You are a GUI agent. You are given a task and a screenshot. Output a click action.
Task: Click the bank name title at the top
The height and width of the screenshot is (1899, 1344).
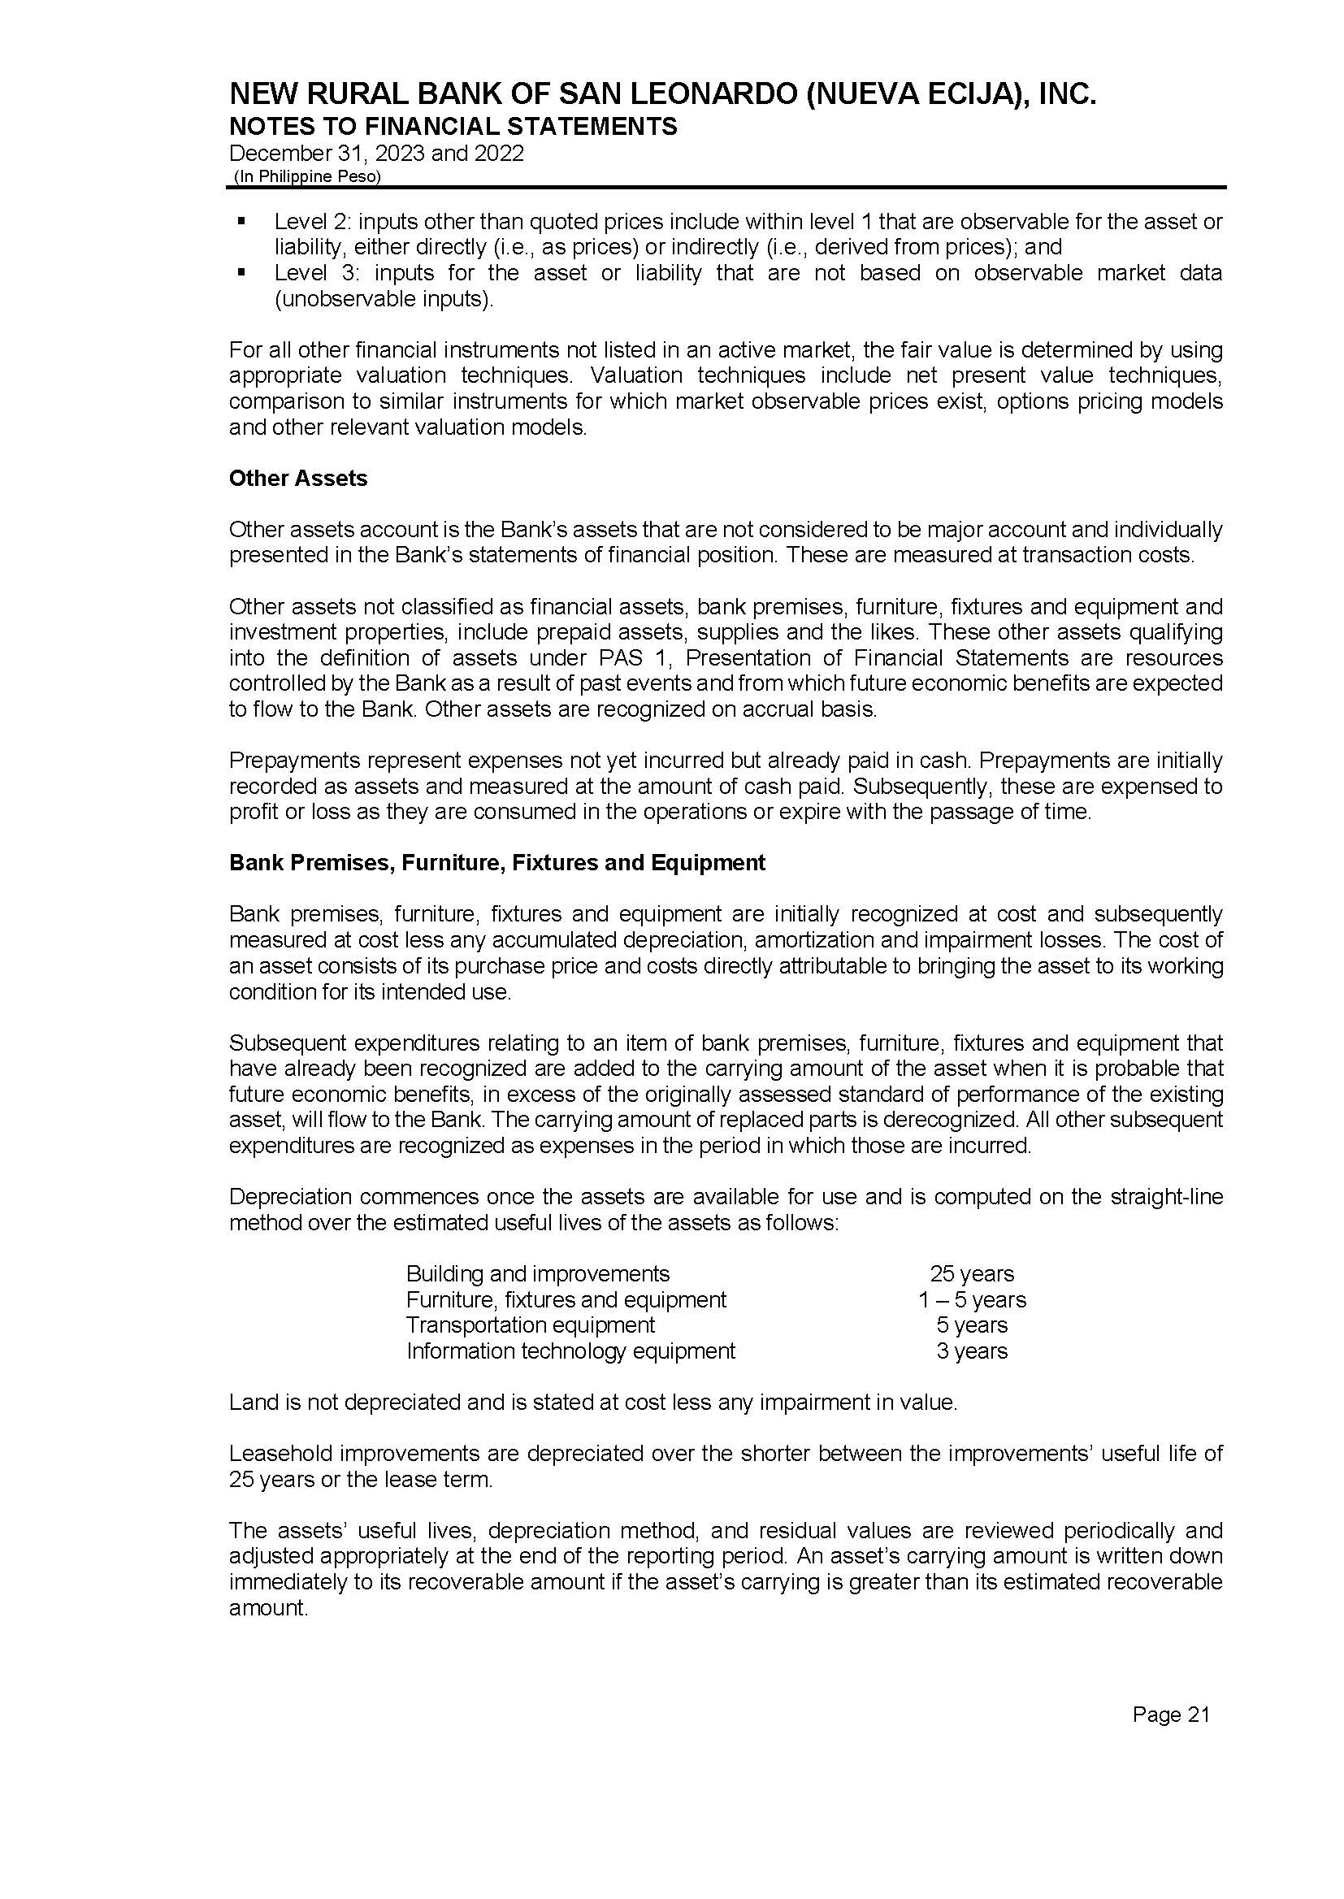(x=662, y=95)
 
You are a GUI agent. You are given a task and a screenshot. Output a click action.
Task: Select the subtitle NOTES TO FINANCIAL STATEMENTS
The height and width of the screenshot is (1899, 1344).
(x=453, y=127)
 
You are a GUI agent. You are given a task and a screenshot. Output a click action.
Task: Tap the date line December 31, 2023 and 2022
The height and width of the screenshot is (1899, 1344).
(x=376, y=154)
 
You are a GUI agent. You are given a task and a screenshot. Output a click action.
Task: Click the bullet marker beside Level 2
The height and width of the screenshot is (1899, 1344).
(x=241, y=221)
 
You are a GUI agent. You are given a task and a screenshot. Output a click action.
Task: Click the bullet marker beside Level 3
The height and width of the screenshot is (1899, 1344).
(x=241, y=272)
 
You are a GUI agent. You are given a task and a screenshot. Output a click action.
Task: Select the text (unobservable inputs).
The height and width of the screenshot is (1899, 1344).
(x=384, y=299)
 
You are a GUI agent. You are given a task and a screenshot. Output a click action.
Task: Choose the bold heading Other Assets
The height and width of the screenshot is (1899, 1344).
(x=298, y=479)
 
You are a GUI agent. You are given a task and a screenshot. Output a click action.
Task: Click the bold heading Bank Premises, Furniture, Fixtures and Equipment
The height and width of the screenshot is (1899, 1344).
(x=496, y=863)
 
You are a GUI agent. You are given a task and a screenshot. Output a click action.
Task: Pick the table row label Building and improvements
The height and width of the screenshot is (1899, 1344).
(x=538, y=1273)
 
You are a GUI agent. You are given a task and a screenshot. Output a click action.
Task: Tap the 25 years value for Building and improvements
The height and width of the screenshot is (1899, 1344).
(x=972, y=1273)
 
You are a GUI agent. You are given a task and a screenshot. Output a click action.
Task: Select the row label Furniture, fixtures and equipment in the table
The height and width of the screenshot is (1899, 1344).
(x=566, y=1299)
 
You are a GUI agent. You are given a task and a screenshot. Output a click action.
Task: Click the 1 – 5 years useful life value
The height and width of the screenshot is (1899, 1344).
(x=972, y=1299)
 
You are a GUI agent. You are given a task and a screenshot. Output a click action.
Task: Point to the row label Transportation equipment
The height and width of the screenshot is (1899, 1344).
(x=531, y=1325)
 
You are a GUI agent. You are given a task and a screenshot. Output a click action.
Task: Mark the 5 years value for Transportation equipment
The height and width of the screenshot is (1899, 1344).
(x=972, y=1325)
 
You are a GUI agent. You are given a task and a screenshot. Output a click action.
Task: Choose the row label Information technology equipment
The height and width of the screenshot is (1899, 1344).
(x=570, y=1351)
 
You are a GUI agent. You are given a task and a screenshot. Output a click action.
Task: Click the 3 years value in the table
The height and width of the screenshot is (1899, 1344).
(x=972, y=1351)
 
